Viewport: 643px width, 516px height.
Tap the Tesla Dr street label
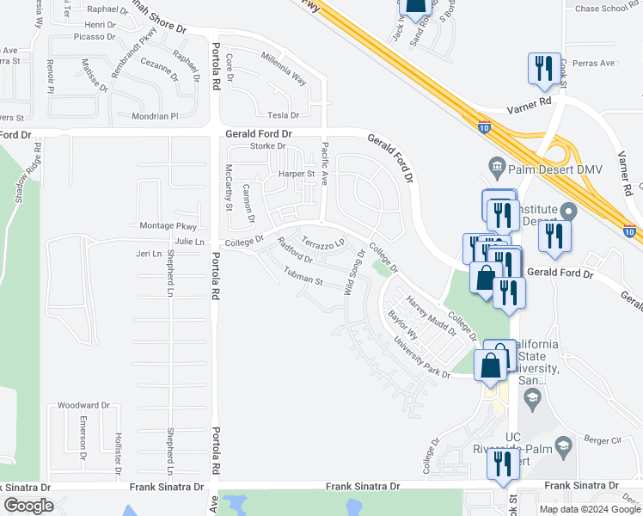click(x=282, y=114)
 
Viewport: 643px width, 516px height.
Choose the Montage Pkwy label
click(x=168, y=226)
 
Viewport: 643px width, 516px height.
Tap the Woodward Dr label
click(x=83, y=405)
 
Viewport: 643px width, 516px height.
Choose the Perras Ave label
click(x=596, y=63)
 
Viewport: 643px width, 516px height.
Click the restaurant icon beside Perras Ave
click(x=543, y=69)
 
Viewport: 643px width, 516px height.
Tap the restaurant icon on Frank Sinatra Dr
click(x=500, y=464)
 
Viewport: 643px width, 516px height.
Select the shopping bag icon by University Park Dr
click(x=490, y=365)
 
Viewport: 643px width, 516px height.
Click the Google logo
click(x=28, y=506)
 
